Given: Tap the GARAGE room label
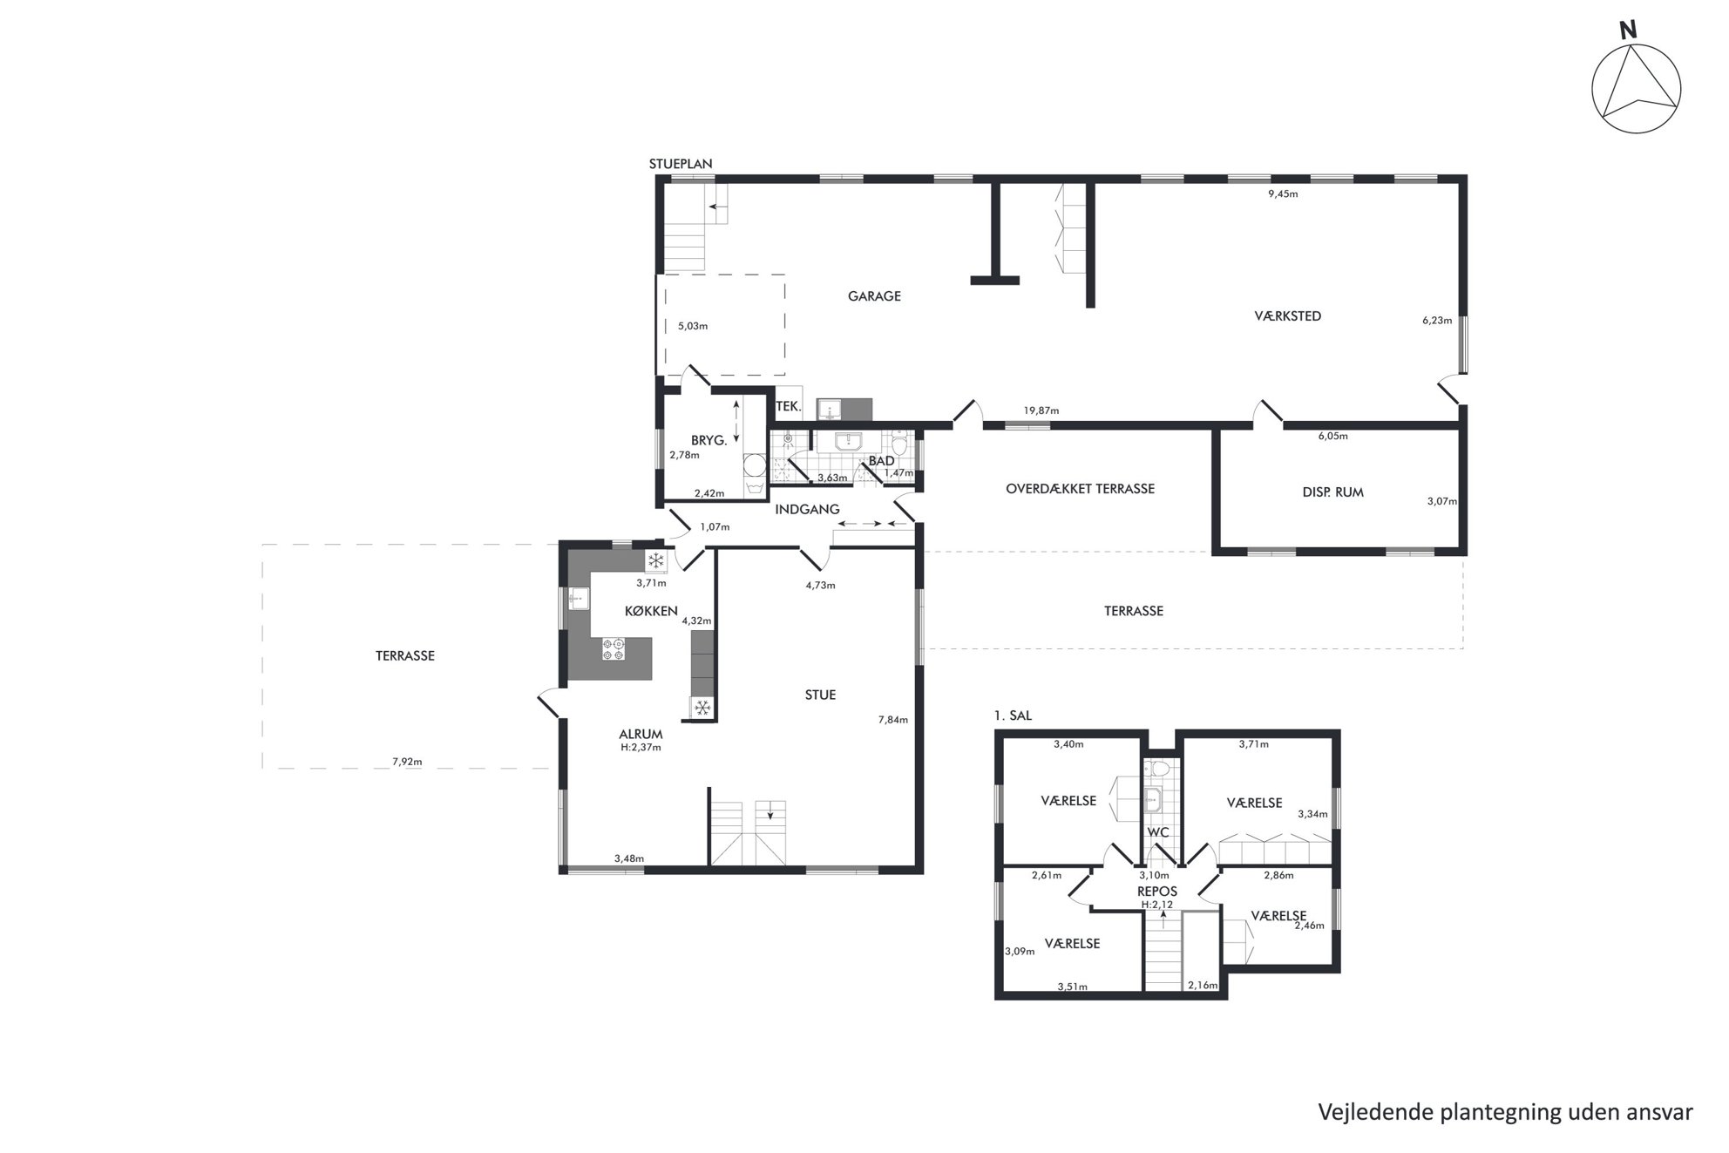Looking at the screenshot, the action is click(874, 296).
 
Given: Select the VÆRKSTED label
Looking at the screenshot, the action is click(1287, 316).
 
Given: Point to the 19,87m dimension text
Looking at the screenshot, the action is click(1041, 410).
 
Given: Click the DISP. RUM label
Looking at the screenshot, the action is click(1332, 492).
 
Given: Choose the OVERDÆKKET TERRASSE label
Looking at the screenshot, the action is click(1080, 489).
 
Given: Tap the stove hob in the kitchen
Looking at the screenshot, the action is click(613, 648).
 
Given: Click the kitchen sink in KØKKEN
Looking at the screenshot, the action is click(580, 599).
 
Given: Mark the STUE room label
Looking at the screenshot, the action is click(820, 695).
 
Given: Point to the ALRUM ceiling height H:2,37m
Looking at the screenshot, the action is click(640, 747).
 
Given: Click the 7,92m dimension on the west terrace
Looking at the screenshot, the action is click(407, 762).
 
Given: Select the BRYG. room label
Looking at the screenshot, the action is click(709, 441).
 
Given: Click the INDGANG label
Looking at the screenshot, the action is click(807, 510).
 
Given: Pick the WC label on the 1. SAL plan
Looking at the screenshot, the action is click(1157, 833).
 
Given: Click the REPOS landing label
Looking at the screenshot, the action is click(1157, 892).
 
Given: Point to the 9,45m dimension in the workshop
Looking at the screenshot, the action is click(1283, 194).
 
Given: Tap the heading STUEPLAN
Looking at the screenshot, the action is click(681, 164).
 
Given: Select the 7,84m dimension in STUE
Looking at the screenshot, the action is click(893, 720).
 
